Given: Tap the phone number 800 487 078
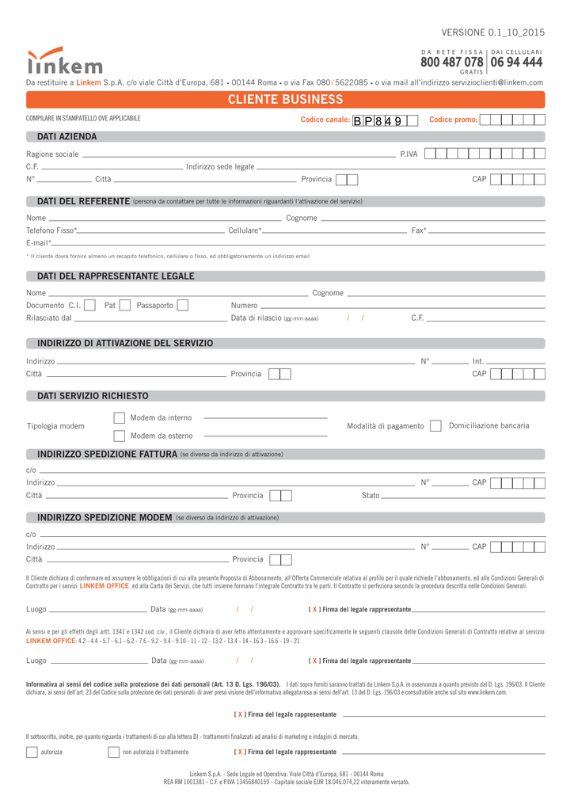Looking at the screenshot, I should click(452, 62).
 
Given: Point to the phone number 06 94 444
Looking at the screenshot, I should click(516, 62).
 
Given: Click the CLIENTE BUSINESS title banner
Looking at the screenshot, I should click(285, 99).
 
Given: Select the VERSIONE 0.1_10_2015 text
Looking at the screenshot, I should click(493, 32).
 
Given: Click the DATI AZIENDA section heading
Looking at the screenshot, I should click(67, 137).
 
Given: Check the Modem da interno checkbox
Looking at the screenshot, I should click(120, 417).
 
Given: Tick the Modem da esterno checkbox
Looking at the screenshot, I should click(120, 436).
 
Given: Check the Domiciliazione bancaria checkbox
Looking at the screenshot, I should click(435, 426).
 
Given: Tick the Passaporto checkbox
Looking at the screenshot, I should click(183, 305).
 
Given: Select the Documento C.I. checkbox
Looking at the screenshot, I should click(90, 305).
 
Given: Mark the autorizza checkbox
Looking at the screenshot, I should click(32, 752).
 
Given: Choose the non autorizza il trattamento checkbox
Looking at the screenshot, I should click(113, 752).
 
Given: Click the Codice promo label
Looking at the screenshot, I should click(453, 120).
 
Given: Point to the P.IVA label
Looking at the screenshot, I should click(409, 154).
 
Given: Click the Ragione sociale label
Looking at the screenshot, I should click(52, 154).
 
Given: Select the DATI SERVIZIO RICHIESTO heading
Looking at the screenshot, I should click(93, 395).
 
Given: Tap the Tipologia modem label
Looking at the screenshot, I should click(55, 426).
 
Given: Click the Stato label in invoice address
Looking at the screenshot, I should click(371, 495).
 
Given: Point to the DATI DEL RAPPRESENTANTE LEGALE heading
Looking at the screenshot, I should click(116, 276).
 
